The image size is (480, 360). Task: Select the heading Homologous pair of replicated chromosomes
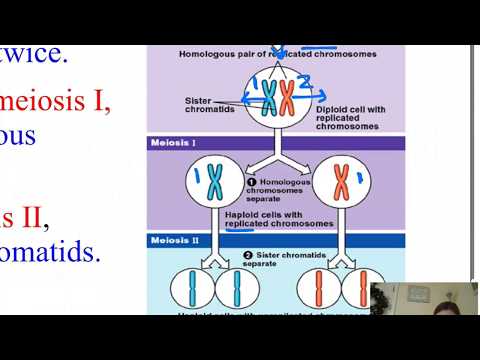click(x=276, y=52)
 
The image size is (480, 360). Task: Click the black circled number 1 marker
click(x=251, y=181)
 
